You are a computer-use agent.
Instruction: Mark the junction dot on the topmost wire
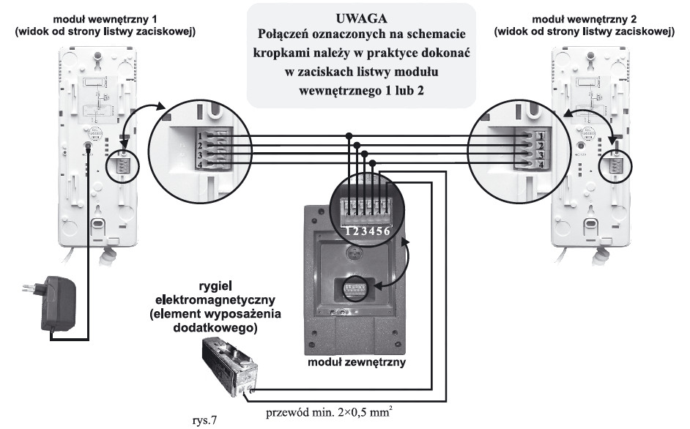349,135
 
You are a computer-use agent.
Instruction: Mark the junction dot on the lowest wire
374,163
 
